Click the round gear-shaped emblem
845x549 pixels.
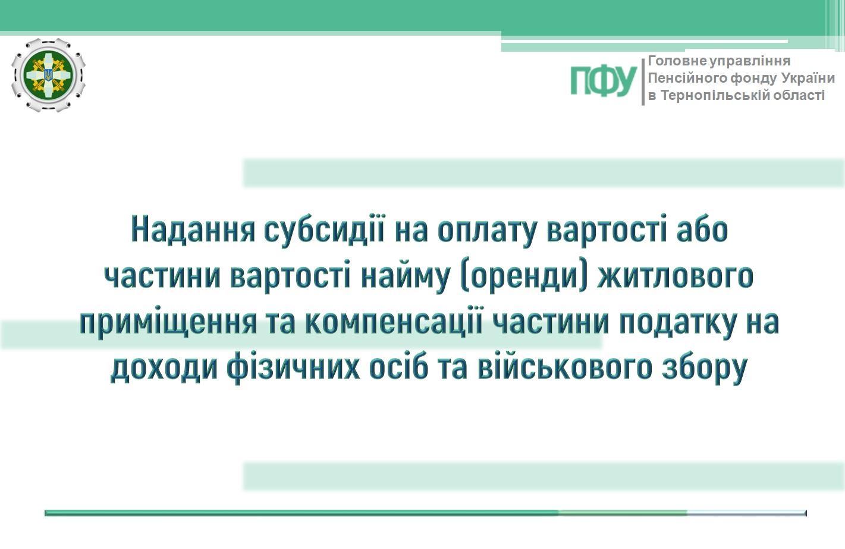[48, 75]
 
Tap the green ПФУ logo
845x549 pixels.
[604, 80]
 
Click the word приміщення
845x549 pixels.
[169, 323]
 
